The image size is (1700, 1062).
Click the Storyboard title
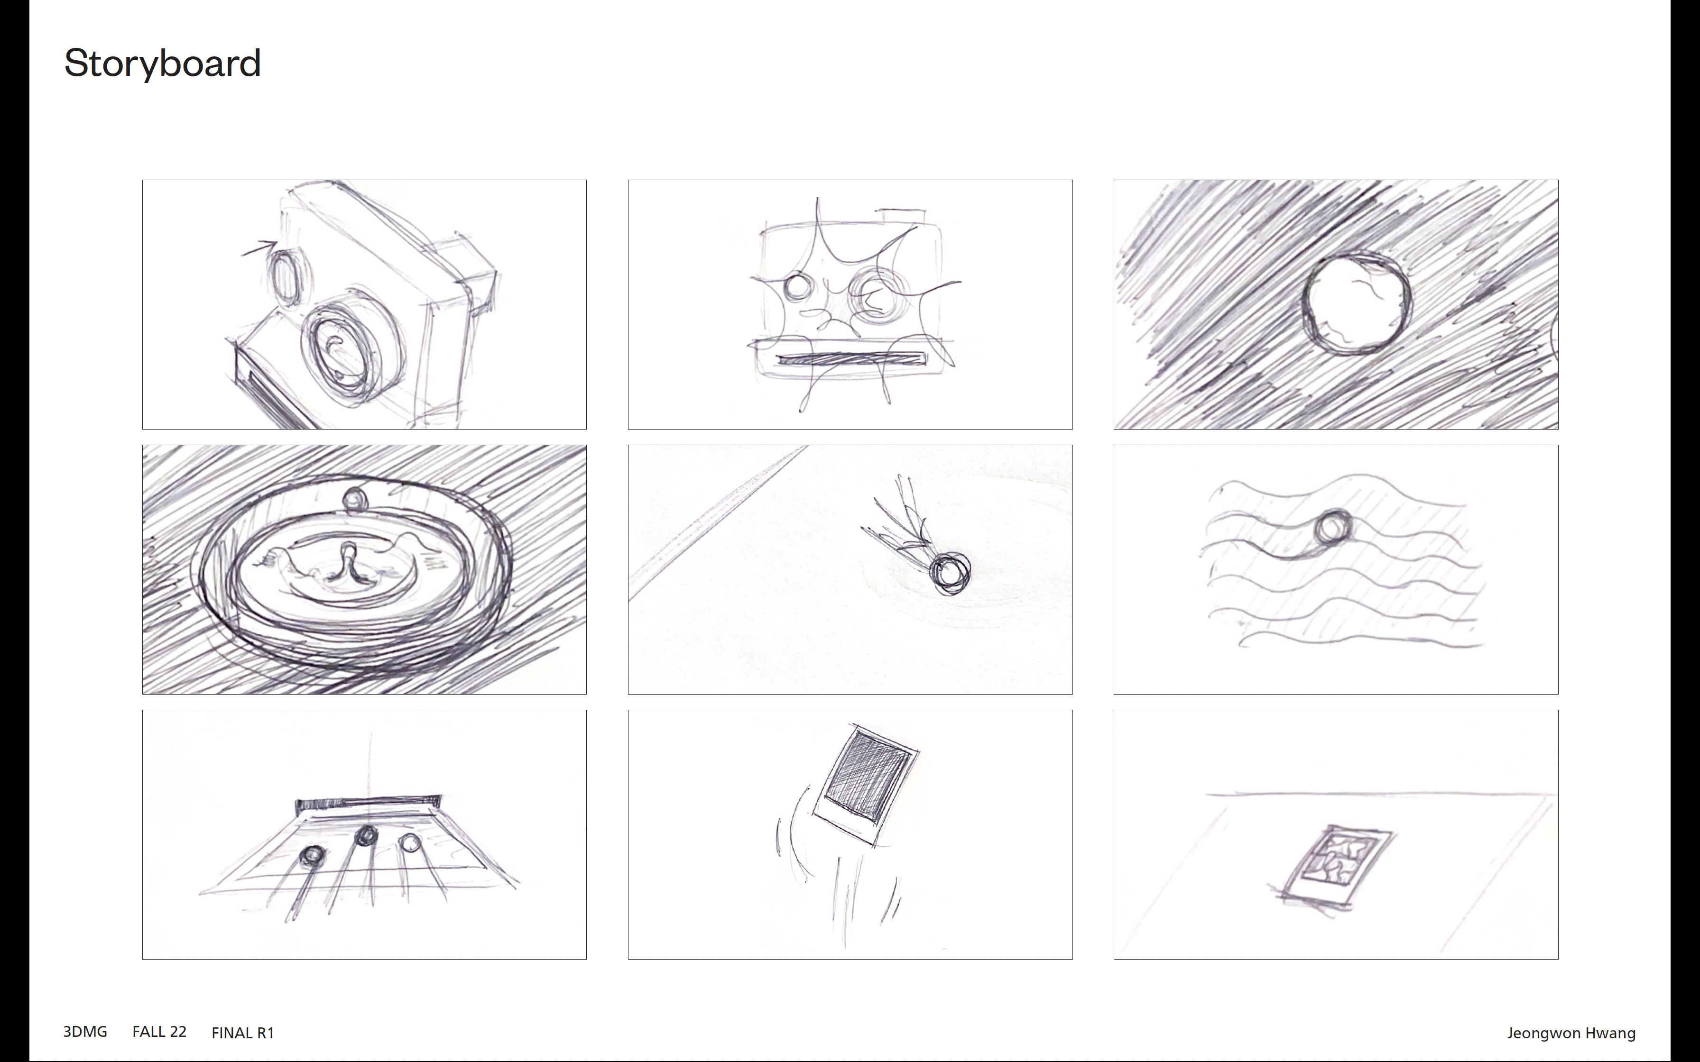pos(162,63)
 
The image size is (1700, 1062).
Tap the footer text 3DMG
pos(85,1031)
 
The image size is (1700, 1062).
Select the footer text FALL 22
pos(159,1031)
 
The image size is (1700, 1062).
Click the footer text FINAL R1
pos(242,1033)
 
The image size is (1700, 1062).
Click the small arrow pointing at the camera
pos(259,248)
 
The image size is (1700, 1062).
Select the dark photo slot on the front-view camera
pos(851,359)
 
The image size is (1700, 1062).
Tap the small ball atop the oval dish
pos(355,499)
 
